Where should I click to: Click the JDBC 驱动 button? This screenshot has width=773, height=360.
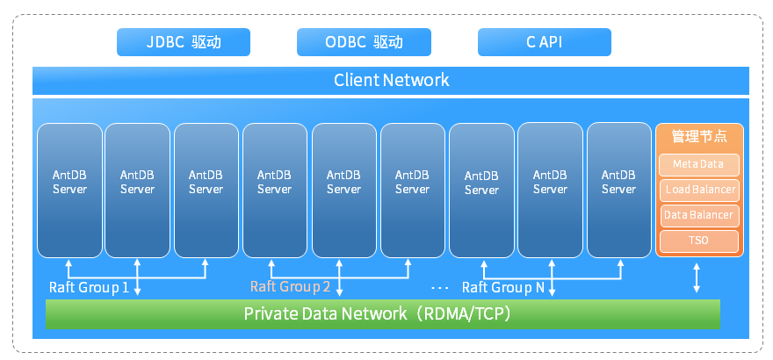point(184,42)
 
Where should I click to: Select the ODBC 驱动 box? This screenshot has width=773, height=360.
point(364,42)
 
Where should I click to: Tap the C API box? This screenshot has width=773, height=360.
point(544,42)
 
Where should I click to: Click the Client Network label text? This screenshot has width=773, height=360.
point(391,80)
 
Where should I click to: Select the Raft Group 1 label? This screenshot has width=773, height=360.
point(89,287)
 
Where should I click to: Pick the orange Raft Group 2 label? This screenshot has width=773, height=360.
point(290,286)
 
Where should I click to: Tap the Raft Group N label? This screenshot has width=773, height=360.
point(502,287)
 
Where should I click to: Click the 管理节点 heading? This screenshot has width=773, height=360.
point(699,137)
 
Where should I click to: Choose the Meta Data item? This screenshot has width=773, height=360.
point(699,164)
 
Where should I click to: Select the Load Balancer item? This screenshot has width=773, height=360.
point(699,190)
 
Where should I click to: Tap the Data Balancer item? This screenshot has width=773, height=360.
point(699,215)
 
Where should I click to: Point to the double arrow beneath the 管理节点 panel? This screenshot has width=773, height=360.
point(697,277)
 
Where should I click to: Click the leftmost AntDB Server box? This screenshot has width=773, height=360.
point(69,188)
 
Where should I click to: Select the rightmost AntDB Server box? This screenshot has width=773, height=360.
point(619,188)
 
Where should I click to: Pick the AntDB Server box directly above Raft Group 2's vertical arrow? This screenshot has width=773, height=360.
point(343,188)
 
